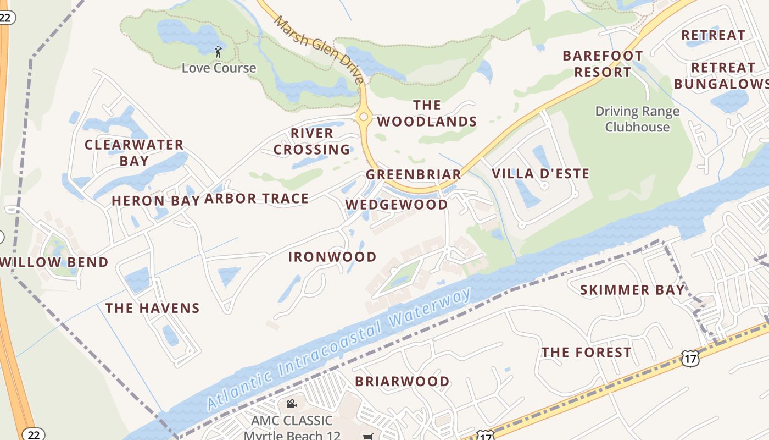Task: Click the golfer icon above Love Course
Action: pyautogui.click(x=219, y=52)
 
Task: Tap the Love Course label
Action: pyautogui.click(x=219, y=68)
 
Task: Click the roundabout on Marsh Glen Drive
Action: pyautogui.click(x=363, y=117)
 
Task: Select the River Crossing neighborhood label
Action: pyautogui.click(x=312, y=141)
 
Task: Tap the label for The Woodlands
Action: pyautogui.click(x=427, y=113)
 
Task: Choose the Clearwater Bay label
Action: pyautogui.click(x=134, y=152)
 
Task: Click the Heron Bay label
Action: pyautogui.click(x=155, y=201)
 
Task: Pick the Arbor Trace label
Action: pyautogui.click(x=257, y=199)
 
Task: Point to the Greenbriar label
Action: pyautogui.click(x=414, y=175)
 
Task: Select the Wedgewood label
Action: pyautogui.click(x=397, y=205)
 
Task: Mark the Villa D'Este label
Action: pyautogui.click(x=540, y=174)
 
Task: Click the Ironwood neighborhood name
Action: pyautogui.click(x=332, y=257)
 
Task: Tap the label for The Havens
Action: pyautogui.click(x=153, y=308)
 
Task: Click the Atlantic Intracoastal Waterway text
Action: pyautogui.click(x=339, y=349)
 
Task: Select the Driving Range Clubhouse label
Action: pyautogui.click(x=637, y=119)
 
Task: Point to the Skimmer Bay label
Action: pyautogui.click(x=633, y=290)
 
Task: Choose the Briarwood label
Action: pyautogui.click(x=402, y=381)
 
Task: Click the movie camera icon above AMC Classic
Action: pyautogui.click(x=291, y=404)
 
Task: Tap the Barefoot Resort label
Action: pyautogui.click(x=603, y=64)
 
